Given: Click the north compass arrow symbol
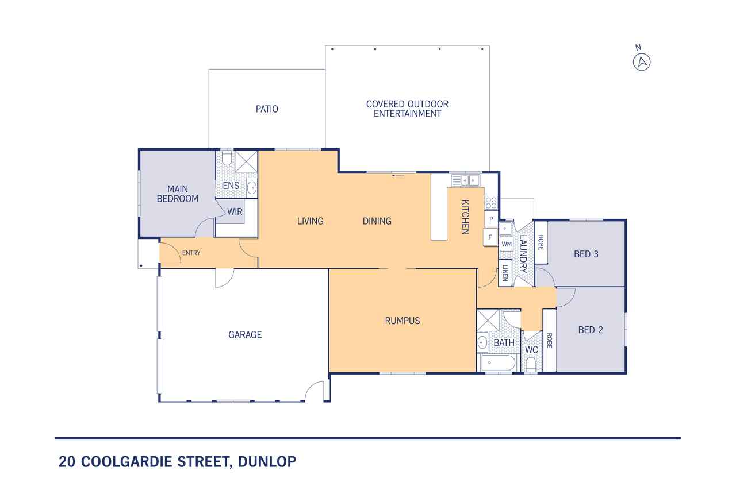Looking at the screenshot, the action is pos(642,61).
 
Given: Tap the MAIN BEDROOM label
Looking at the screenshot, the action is pos(178,194).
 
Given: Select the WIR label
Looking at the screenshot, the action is pos(235,212).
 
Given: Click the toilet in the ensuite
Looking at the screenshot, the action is pos(227,158).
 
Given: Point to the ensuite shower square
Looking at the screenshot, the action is pos(246,161).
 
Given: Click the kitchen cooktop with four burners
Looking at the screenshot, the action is pos(491,203).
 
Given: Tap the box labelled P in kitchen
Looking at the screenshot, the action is pos(491,219).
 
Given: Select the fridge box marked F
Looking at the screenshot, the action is pos(490,237).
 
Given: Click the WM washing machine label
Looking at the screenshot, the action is pos(507,244).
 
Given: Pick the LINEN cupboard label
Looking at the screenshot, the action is pos(505,273).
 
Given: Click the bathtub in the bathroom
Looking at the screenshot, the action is pos(498,362).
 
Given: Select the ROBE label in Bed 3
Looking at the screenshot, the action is pos(540,242).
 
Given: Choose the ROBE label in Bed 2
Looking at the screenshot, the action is pos(549,340).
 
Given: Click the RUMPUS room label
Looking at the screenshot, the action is pos(402,321).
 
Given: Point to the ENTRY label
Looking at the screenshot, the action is pos(191,253).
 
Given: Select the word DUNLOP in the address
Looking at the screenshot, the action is pos(267,461).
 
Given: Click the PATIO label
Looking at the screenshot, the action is pos(267,109).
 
